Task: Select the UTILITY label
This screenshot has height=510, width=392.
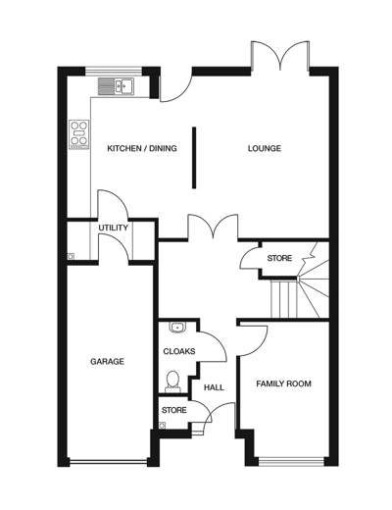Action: coord(114,228)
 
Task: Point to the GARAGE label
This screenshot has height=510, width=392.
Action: coord(107,362)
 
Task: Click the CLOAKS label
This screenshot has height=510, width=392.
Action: coord(179,351)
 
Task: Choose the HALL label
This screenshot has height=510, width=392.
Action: coord(214,387)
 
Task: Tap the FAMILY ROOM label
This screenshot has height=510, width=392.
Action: coord(283,383)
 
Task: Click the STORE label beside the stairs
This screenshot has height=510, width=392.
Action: coord(280,259)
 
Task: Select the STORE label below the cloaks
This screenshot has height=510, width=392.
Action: coord(174,410)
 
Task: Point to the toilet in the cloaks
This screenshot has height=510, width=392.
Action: coord(172,379)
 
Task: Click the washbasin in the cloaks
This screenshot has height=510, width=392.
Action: coord(177,328)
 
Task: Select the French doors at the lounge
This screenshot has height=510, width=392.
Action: coord(280,57)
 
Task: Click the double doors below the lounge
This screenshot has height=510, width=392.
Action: coord(214,228)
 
